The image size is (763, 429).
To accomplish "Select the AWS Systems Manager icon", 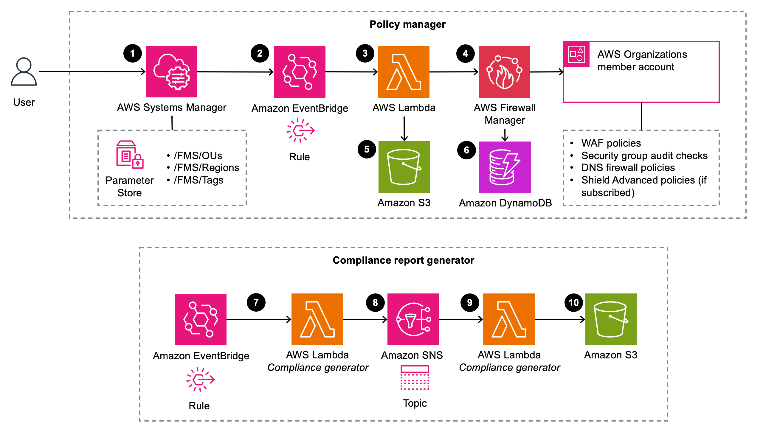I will tap(171, 71).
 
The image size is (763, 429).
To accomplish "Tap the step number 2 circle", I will tap(260, 53).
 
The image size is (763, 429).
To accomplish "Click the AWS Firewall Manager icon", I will tap(504, 72).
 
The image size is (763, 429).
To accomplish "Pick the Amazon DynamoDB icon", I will tap(505, 167).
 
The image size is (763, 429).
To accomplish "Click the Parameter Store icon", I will tap(130, 155).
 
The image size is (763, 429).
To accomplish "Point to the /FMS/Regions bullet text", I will tap(206, 168).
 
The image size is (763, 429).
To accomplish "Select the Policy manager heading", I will tap(407, 24).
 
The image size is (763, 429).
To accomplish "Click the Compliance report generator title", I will tap(403, 260).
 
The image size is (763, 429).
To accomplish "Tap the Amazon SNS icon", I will tap(413, 319).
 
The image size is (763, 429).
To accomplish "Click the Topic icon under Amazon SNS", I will tap(415, 377).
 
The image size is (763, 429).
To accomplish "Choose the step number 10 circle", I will tap(573, 303).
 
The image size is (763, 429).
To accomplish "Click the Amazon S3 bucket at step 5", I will tap(404, 167).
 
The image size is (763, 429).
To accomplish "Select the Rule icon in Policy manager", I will tap(300, 130).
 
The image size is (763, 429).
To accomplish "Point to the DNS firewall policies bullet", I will tap(628, 168).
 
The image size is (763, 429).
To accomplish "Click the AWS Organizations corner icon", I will tap(576, 55).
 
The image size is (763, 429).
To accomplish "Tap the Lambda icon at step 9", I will tap(509, 319).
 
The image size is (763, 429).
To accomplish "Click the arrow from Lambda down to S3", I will tap(404, 129).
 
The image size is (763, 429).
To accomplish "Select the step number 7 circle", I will tap(256, 302).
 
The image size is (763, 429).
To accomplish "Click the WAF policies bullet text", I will tap(611, 143).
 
